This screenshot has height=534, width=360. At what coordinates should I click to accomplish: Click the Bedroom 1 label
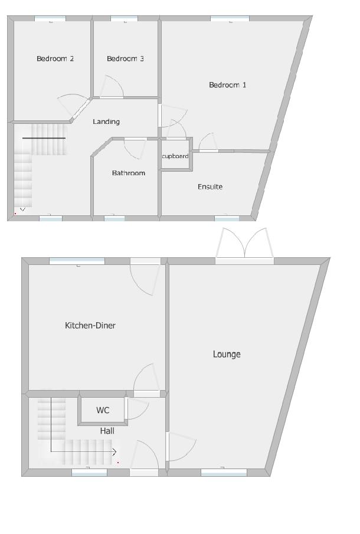pyautogui.click(x=227, y=85)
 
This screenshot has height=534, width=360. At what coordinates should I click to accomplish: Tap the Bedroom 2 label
pyautogui.click(x=55, y=58)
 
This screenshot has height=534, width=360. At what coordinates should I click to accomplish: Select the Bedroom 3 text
pyautogui.click(x=125, y=58)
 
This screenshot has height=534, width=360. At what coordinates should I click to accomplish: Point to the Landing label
pyautogui.click(x=106, y=122)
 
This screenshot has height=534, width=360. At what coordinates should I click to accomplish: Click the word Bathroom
pyautogui.click(x=128, y=173)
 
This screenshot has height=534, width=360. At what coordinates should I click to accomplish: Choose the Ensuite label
pyautogui.click(x=210, y=186)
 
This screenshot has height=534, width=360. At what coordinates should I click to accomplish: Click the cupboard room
pyautogui.click(x=175, y=156)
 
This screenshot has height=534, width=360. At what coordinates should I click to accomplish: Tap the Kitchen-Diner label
pyautogui.click(x=90, y=325)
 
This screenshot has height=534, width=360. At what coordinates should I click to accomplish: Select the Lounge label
pyautogui.click(x=227, y=354)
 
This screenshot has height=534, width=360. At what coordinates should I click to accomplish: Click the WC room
pyautogui.click(x=103, y=410)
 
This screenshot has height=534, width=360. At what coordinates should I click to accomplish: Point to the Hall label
pyautogui.click(x=107, y=431)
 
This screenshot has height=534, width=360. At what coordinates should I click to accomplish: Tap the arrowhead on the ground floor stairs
pyautogui.click(x=114, y=452)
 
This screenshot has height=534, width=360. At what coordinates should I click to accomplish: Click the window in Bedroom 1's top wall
pyautogui.click(x=230, y=19)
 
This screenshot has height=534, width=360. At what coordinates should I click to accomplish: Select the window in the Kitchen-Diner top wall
pyautogui.click(x=77, y=261)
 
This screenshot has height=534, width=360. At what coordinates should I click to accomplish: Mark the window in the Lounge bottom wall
pyautogui.click(x=224, y=472)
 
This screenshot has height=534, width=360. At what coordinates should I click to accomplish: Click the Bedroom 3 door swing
pyautogui.click(x=112, y=87)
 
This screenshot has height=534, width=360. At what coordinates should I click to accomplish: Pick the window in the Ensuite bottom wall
pyautogui.click(x=227, y=218)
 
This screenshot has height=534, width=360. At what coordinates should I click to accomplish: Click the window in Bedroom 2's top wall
pyautogui.click(x=50, y=19)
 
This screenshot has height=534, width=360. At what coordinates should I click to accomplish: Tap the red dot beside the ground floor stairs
pyautogui.click(x=118, y=463)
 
